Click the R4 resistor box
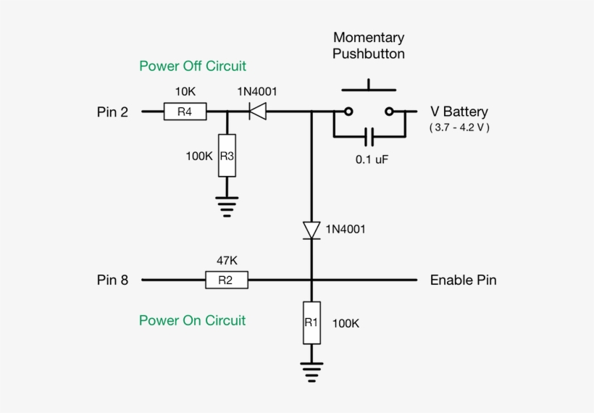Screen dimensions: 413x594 (x=185, y=112)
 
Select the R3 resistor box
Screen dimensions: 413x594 (x=227, y=156)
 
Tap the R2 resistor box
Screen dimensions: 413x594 (x=226, y=280)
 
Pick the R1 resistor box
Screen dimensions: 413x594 (x=311, y=322)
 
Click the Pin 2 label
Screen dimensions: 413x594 (x=112, y=112)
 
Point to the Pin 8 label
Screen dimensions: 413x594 (x=112, y=280)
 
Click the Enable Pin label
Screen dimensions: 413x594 (x=463, y=280)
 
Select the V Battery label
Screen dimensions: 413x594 (x=459, y=112)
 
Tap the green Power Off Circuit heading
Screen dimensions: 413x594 (x=193, y=66)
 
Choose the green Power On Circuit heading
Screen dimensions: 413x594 (x=192, y=320)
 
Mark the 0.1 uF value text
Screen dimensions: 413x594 (x=372, y=159)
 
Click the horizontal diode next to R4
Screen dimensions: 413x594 (x=256, y=112)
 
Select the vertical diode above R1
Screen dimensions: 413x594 (x=311, y=230)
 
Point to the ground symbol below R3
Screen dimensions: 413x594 (x=227, y=206)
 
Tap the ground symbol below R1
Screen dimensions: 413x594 (x=311, y=372)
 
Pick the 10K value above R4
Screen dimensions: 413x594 (x=185, y=92)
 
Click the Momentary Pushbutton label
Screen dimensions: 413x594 (x=369, y=46)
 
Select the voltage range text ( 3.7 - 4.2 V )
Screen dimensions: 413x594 (x=459, y=128)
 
